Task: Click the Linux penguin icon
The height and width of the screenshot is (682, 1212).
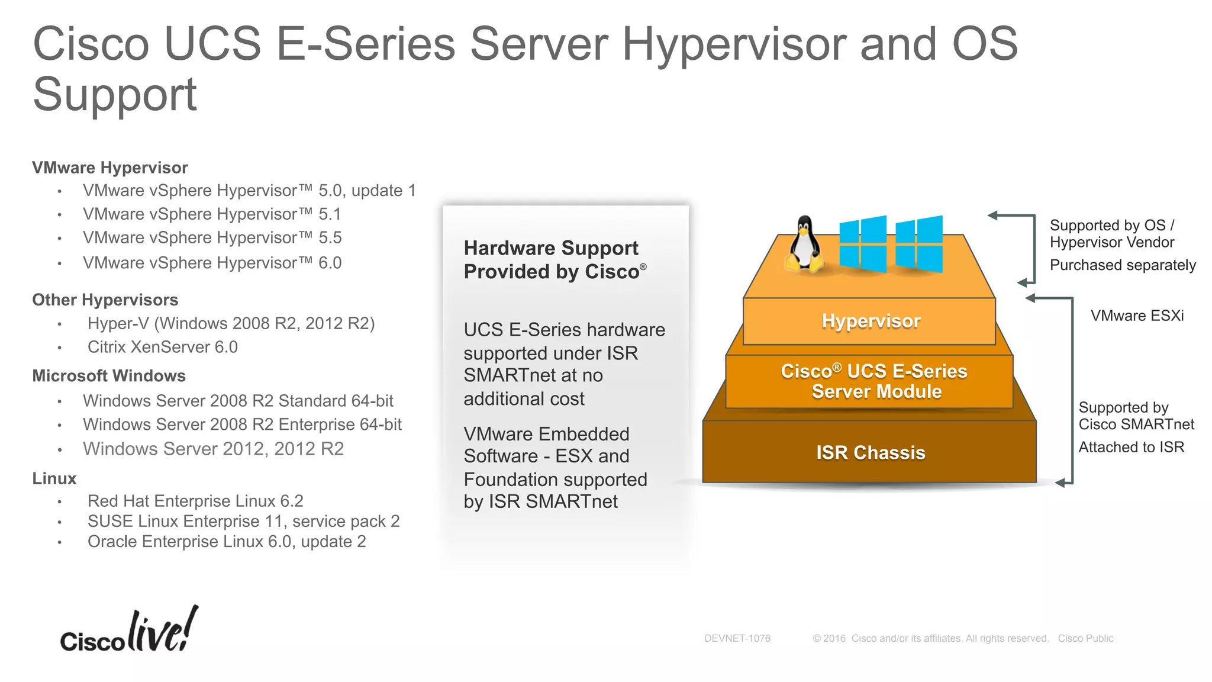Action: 804,245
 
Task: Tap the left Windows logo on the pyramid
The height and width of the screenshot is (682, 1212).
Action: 863,243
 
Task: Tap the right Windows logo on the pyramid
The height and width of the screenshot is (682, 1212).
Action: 919,243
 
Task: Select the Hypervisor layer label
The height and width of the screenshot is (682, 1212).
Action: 871,321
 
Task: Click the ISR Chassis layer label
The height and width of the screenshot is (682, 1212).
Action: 870,452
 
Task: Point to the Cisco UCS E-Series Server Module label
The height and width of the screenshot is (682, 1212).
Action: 874,381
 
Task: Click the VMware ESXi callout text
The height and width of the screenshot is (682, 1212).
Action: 1137,316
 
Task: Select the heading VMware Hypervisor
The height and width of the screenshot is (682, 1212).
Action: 110,168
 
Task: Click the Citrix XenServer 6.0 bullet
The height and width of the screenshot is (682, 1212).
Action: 162,347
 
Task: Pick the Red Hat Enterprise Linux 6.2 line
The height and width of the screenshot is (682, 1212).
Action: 195,501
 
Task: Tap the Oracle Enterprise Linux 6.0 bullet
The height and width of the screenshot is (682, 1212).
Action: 227,541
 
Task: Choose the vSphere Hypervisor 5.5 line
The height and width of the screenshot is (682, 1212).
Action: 212,237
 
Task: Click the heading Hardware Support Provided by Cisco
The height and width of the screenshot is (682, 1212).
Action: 554,259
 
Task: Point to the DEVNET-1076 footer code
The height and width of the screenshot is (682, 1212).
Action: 737,638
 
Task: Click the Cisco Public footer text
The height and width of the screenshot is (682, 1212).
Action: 1085,638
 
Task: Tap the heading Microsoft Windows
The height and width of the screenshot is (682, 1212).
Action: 109,375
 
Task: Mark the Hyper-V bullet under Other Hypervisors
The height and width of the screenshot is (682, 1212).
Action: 231,323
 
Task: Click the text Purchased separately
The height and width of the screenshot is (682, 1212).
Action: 1123,265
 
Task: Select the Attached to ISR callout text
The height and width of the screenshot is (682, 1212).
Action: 1131,447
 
